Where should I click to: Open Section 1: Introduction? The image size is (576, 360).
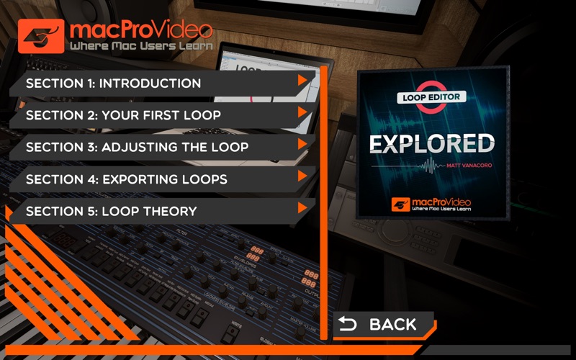tap(113, 84)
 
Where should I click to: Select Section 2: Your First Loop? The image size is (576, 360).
tap(123, 115)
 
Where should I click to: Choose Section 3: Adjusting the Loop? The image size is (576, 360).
tap(137, 147)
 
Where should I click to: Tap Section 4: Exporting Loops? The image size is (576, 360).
tap(127, 179)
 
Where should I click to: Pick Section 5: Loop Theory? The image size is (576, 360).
tap(112, 211)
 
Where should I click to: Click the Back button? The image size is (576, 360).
tap(382, 324)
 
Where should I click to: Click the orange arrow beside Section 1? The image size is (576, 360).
tap(304, 80)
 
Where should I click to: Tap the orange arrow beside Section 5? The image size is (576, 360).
tap(304, 207)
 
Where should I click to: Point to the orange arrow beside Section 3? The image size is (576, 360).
tap(304, 143)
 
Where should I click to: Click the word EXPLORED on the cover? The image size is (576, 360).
tap(432, 143)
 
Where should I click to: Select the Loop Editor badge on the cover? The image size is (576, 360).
tap(432, 97)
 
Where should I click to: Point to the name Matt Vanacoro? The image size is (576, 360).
tap(464, 166)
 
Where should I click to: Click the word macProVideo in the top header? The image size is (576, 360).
tap(140, 30)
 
